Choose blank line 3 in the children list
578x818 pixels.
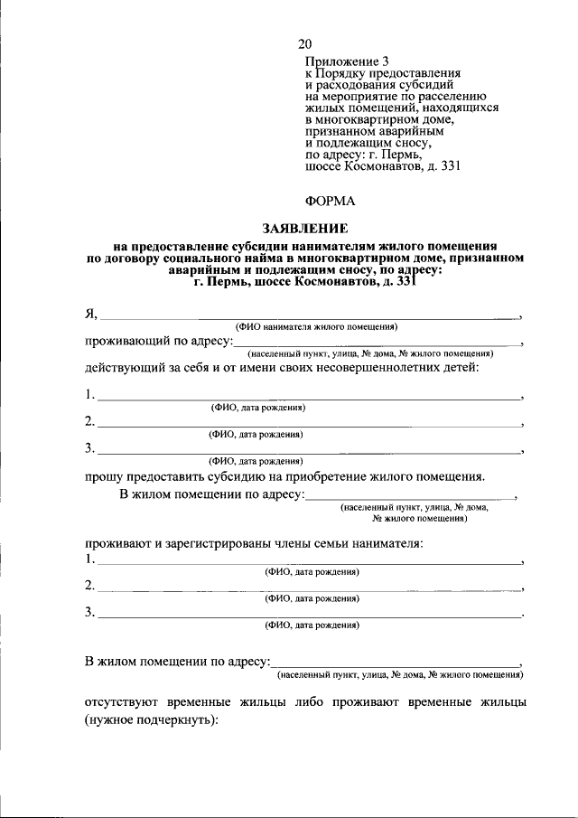[308, 449]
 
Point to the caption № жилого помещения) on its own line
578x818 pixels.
[415, 520]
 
